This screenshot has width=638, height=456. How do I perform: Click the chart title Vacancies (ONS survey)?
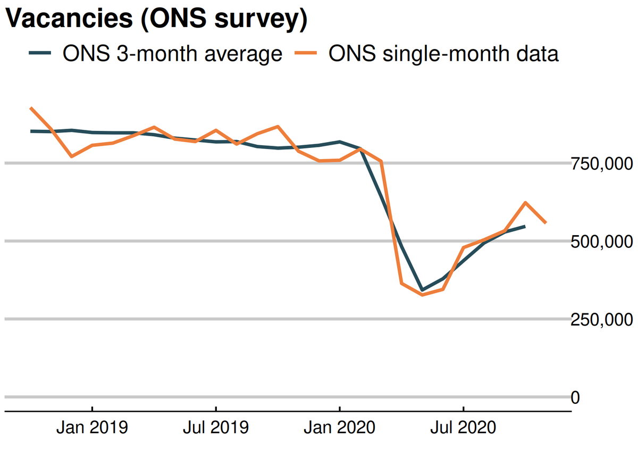157,20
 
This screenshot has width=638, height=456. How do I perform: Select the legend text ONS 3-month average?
172,54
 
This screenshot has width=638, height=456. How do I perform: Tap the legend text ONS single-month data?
443,54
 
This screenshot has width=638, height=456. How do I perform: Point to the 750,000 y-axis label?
602,164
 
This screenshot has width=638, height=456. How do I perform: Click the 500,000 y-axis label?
602,242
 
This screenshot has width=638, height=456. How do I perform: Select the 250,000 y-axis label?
602,320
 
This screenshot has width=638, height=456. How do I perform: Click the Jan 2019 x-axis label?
92,427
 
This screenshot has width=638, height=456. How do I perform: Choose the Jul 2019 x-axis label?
216,427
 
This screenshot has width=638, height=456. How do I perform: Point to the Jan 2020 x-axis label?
340,427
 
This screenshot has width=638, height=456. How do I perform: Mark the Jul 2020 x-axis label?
464,427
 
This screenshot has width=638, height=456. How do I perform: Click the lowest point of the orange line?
422,294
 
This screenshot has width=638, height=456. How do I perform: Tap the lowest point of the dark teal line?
422,290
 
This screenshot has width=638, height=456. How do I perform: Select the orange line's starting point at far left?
31,107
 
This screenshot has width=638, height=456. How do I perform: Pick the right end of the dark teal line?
525,226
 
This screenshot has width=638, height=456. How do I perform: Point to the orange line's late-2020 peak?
525,202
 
